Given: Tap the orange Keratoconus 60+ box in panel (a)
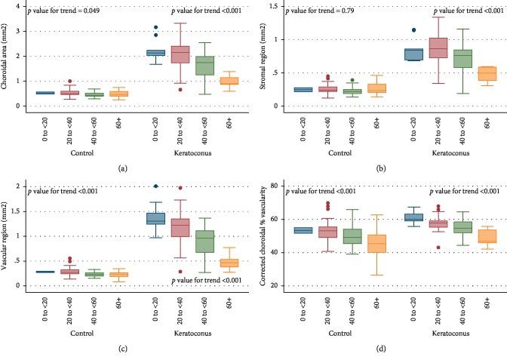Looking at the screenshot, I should point(229,81).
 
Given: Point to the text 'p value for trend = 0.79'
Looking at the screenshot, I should point(321,12).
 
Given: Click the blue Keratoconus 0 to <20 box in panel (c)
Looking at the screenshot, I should point(155,218).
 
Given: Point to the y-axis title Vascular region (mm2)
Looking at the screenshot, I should point(7,234).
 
